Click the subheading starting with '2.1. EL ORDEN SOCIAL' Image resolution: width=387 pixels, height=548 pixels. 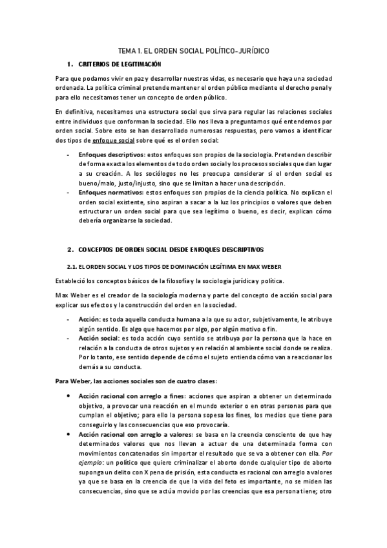(x=165, y=268)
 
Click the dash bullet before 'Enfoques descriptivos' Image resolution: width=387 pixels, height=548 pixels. (x=69, y=156)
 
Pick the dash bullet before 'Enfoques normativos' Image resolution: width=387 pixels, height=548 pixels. (x=69, y=193)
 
